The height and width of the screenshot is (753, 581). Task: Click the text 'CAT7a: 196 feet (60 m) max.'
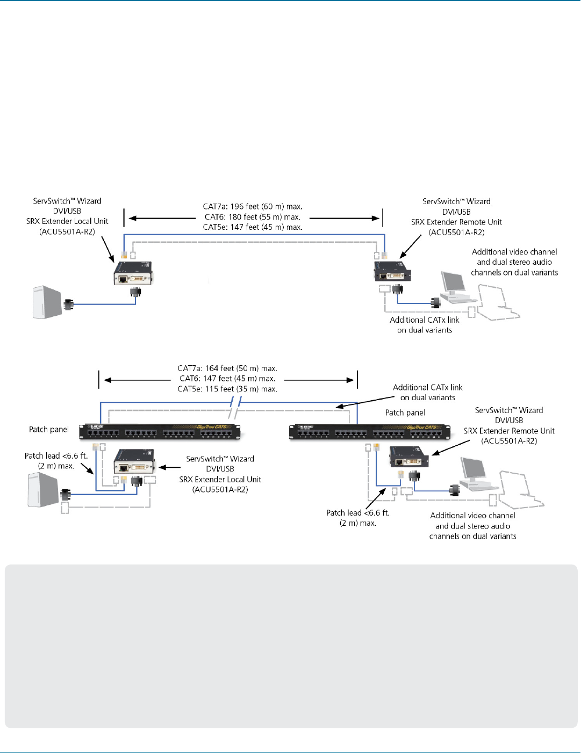[253, 207]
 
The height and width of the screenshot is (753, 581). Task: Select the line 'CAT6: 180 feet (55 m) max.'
[253, 217]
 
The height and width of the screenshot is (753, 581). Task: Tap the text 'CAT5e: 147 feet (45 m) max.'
[253, 227]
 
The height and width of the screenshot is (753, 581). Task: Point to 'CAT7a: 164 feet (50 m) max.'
[227, 368]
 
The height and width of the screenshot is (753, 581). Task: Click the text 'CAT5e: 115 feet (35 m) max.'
[227, 389]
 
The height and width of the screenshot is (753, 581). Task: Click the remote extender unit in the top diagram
[392, 272]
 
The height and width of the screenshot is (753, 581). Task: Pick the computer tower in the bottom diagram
[42, 489]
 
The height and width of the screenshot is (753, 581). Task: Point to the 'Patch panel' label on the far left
[49, 430]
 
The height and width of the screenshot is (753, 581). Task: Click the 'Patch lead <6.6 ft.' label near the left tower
[56, 456]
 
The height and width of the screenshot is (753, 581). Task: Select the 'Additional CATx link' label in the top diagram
[424, 320]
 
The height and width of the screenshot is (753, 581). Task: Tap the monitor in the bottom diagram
[475, 472]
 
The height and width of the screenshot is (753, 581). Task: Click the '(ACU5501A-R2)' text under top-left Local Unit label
[67, 231]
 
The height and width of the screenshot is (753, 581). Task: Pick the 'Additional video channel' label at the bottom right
[472, 516]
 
